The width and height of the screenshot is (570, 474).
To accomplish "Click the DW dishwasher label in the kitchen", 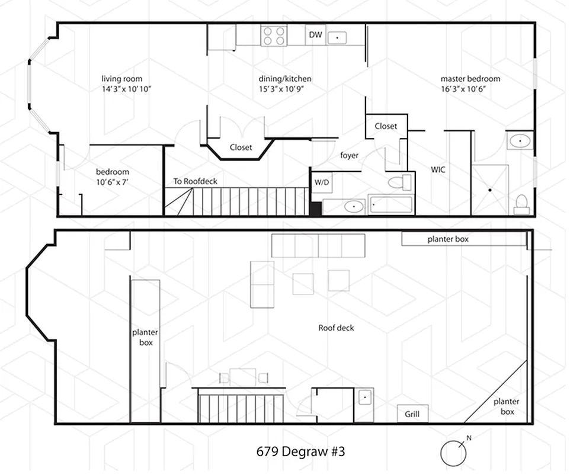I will click(315, 36).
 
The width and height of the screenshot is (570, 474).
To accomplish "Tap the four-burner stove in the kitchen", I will click(274, 36).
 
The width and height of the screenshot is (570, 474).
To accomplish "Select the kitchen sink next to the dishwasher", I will click(337, 37).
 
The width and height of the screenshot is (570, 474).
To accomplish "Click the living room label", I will click(121, 79).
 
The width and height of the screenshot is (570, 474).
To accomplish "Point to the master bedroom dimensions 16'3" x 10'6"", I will click(470, 89).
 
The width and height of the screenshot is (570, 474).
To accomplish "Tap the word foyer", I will click(349, 156).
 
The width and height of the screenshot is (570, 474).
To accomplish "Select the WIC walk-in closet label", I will click(438, 169).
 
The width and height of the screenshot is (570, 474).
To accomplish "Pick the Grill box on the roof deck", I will click(412, 414).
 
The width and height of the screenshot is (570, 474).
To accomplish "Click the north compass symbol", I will click(453, 453).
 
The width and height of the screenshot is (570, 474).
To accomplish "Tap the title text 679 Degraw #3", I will click(300, 451).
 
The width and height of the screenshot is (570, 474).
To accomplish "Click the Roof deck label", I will click(336, 328).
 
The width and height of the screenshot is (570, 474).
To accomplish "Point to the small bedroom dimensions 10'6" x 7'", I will click(113, 182).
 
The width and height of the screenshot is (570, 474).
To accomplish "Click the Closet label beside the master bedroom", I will click(386, 126).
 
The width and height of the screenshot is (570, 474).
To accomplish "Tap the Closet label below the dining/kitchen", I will click(241, 148).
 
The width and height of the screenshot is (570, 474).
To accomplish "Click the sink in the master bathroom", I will click(520, 141).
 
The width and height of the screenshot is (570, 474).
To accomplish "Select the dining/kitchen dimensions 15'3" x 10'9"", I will click(284, 89).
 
